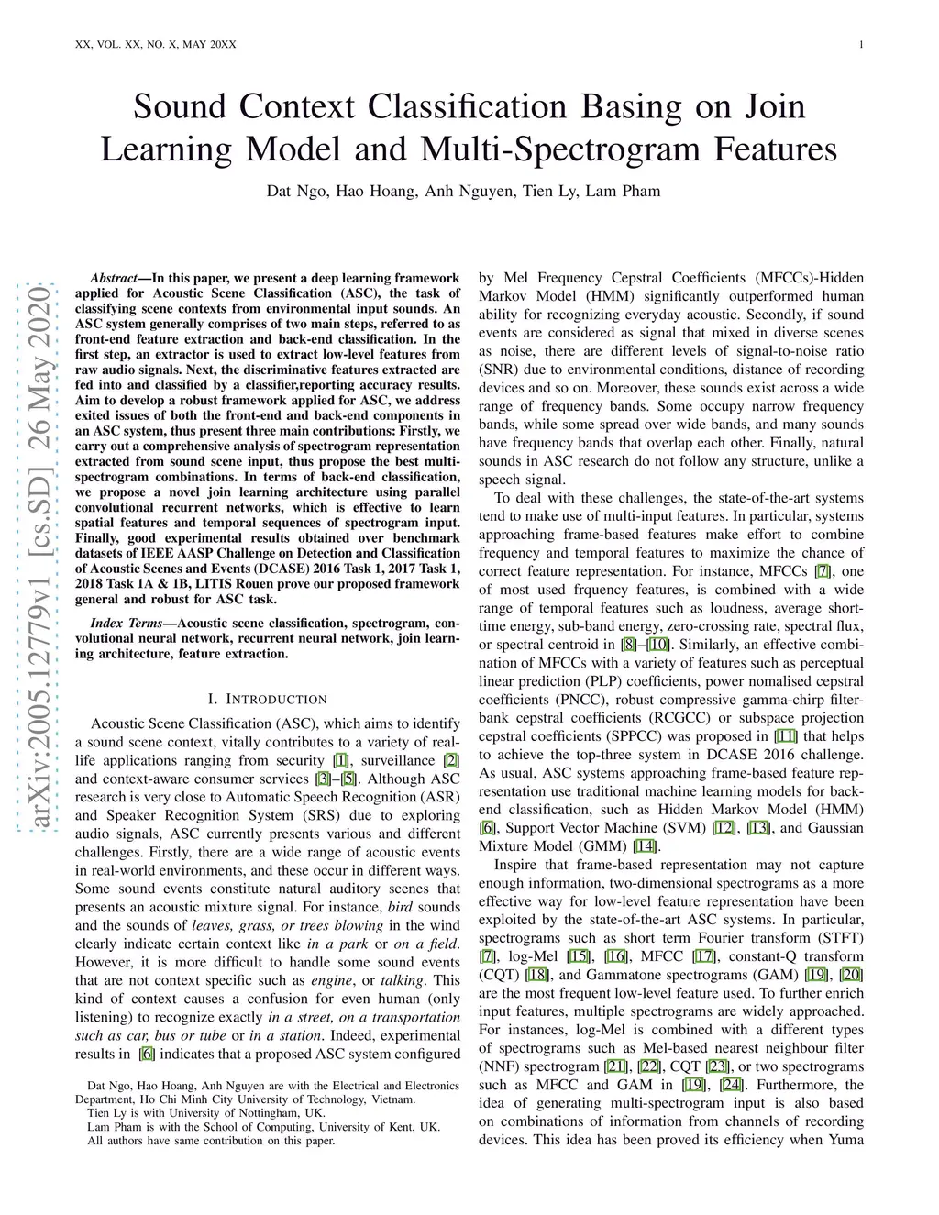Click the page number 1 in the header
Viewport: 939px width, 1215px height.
(861, 45)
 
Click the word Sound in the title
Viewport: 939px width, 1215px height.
(180, 106)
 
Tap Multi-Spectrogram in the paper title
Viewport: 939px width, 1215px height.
(560, 149)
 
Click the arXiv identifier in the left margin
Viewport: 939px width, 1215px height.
(42, 558)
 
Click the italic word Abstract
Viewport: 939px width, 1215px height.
(114, 279)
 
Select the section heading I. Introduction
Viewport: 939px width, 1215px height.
(267, 699)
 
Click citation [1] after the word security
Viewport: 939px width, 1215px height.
(340, 760)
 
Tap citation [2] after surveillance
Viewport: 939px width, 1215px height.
(451, 760)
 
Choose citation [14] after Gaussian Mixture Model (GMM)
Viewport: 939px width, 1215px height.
(645, 846)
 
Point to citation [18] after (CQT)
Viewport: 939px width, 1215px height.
(537, 975)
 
